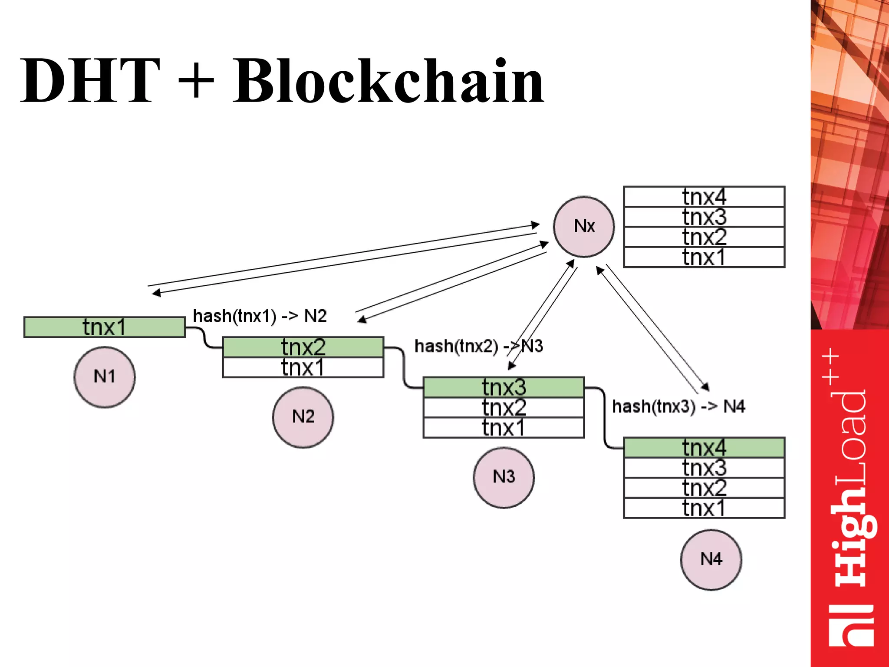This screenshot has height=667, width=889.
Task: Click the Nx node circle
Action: click(x=583, y=226)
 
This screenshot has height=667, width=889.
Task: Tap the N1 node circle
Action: click(x=104, y=376)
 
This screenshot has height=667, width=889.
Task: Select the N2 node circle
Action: click(x=303, y=417)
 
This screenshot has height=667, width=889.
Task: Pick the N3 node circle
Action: click(x=504, y=477)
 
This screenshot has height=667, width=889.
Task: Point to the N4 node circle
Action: click(x=711, y=559)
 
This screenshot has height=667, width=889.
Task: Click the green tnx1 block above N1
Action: click(x=104, y=327)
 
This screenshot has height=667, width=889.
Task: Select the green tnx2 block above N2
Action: click(x=303, y=347)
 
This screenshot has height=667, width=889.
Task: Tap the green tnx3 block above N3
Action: click(x=504, y=387)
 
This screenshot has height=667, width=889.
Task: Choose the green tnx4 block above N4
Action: click(x=704, y=447)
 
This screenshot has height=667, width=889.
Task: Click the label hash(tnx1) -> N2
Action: click(x=260, y=316)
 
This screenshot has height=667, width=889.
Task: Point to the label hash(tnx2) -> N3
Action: click(x=478, y=347)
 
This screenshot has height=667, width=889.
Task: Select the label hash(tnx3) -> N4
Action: click(x=678, y=406)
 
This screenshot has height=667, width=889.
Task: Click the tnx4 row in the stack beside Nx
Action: click(x=704, y=197)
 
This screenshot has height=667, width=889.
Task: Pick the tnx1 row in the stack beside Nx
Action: click(x=704, y=257)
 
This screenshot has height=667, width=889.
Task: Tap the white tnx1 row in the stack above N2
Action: click(x=303, y=367)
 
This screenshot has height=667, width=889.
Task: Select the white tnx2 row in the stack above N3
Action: click(x=504, y=407)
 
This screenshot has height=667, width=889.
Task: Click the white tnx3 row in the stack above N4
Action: click(x=704, y=468)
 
